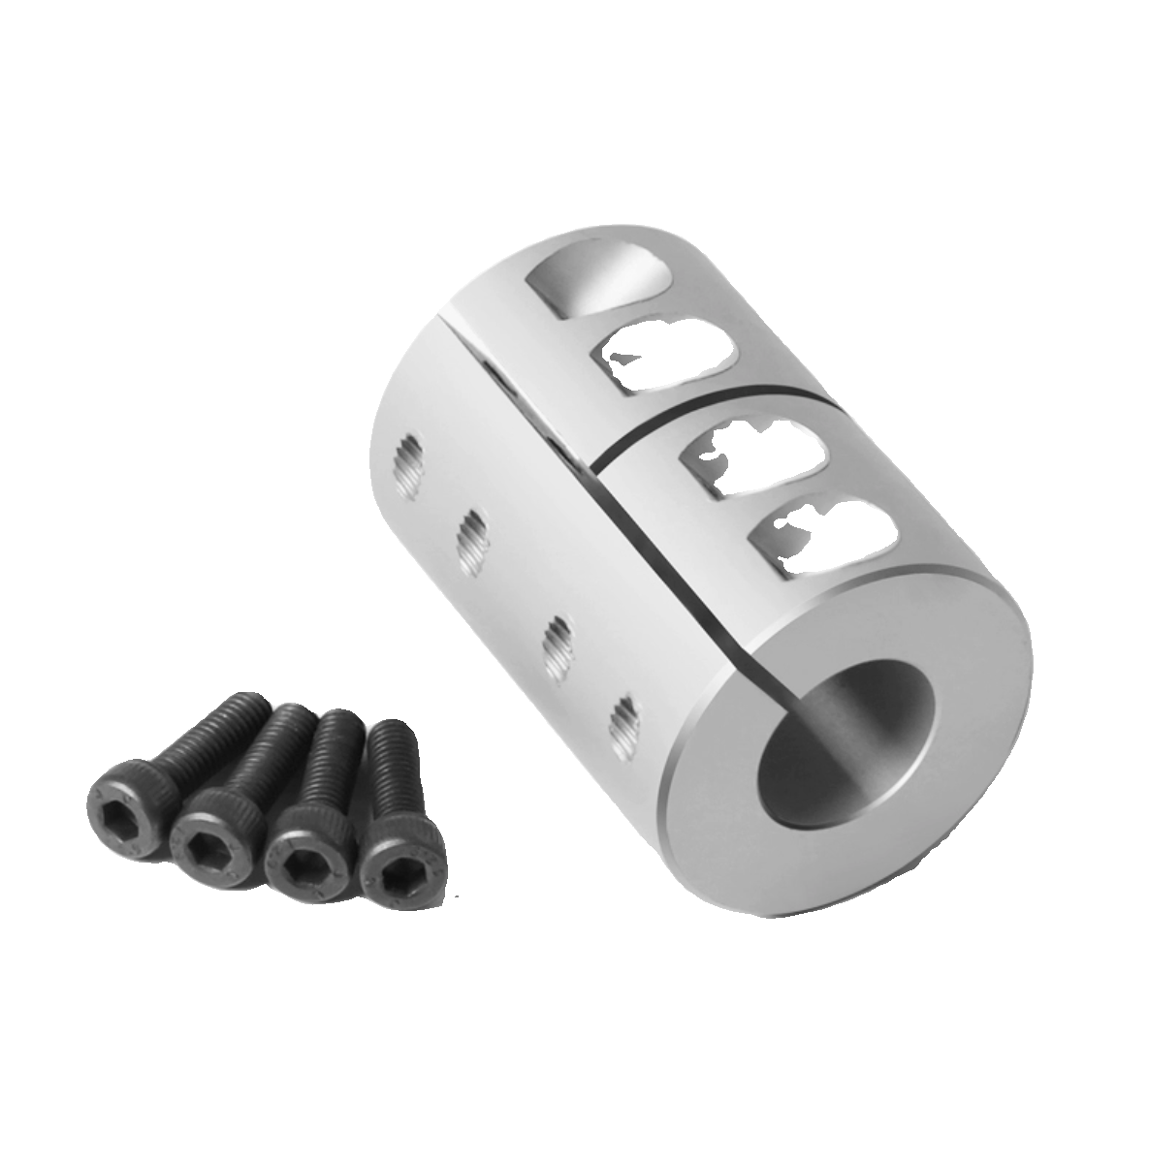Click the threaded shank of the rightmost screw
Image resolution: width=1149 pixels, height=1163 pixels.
coord(393,766)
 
